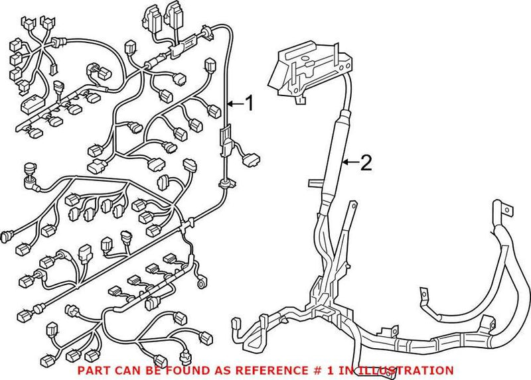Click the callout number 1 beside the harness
tap(249, 103)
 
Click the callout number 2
tap(366, 162)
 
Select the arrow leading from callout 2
tap(350, 162)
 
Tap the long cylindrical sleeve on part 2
tap(335, 159)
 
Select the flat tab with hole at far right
tap(506, 212)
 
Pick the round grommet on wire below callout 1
tap(224, 180)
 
